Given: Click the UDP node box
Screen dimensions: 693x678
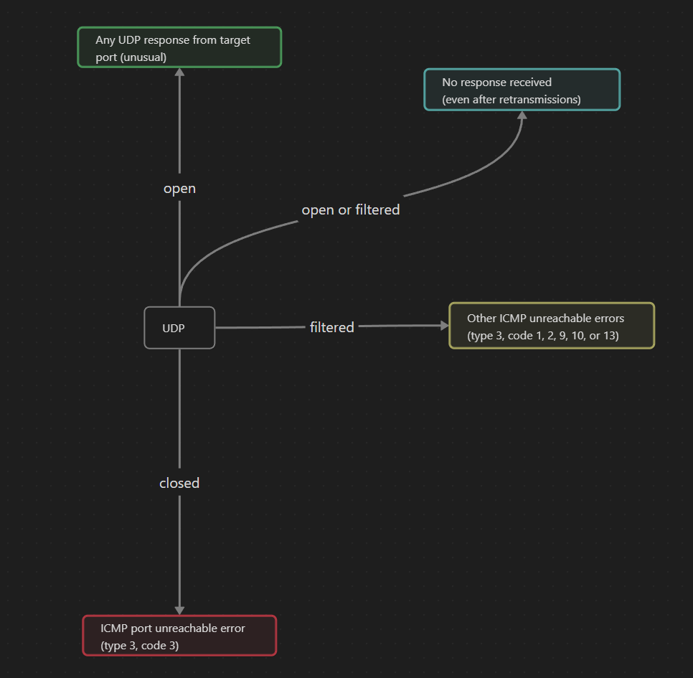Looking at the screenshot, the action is [179, 328].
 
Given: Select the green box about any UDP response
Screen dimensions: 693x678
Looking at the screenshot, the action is [179, 47].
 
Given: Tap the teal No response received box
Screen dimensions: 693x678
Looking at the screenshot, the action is [522, 90].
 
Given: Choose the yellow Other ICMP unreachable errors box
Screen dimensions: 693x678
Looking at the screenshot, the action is [552, 326].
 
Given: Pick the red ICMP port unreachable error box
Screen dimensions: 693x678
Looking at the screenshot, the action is [179, 636].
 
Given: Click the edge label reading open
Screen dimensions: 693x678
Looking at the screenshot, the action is [179, 189].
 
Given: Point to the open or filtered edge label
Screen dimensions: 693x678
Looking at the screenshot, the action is [350, 210].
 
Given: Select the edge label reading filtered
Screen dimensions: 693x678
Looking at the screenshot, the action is [331, 327].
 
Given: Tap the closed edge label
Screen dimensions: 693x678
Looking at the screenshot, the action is [179, 484].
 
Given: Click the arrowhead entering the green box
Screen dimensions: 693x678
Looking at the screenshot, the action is [179, 72].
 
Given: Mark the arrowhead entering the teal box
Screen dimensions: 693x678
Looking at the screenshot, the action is [522, 116].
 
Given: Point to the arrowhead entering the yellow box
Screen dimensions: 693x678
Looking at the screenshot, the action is [444, 325].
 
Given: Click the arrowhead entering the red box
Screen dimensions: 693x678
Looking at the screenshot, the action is [179, 610].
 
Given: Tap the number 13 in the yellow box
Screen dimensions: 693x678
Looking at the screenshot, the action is [611, 336].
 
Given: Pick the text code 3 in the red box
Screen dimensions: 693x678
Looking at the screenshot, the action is [159, 646].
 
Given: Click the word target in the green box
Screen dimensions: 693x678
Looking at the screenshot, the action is [235, 40].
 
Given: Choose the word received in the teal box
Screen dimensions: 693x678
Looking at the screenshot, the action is [529, 83].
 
